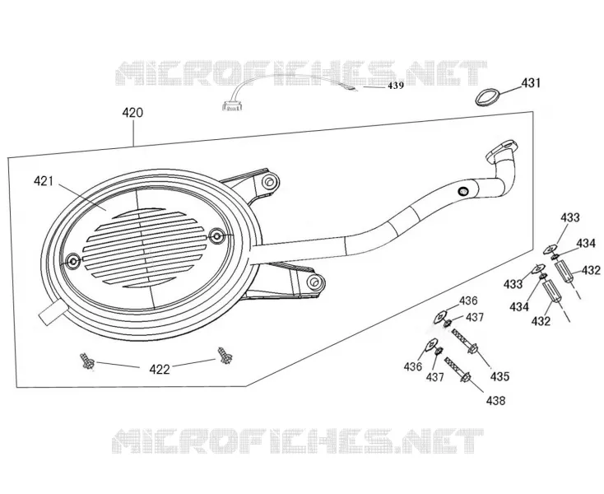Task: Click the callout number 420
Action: tap(132, 113)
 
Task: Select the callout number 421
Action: tap(44, 181)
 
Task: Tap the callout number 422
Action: tap(160, 370)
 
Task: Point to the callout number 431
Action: tap(531, 83)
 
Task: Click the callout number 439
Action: tap(396, 86)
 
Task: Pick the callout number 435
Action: tap(499, 376)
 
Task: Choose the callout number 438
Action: tap(495, 401)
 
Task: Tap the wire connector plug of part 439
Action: tap(231, 108)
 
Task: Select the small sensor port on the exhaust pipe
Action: tap(462, 191)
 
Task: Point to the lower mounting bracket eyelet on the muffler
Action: tap(314, 282)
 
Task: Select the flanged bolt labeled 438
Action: tap(458, 369)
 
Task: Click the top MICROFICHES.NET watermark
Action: tap(301, 73)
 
